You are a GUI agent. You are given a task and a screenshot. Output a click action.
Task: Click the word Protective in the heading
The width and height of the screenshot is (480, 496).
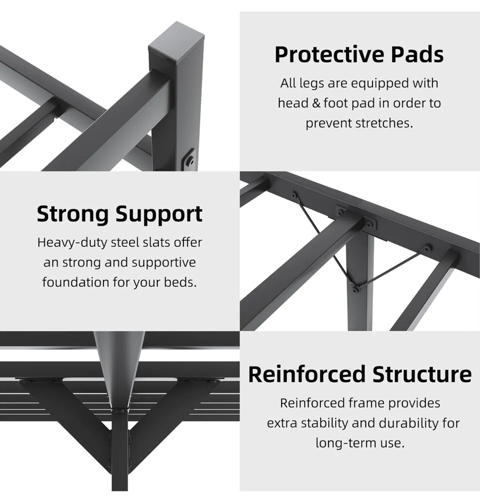tap(330, 55)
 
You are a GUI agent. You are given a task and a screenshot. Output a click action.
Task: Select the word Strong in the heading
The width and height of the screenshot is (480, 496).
tap(73, 215)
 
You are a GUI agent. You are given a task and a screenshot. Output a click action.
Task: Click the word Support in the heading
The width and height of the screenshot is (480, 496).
tap(159, 215)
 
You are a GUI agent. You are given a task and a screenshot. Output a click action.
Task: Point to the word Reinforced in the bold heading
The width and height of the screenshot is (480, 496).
tap(307, 374)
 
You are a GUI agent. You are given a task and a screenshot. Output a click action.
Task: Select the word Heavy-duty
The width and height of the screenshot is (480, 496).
tap(72, 243)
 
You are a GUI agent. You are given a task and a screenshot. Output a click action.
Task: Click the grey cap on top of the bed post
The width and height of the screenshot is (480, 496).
tap(176, 42)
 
